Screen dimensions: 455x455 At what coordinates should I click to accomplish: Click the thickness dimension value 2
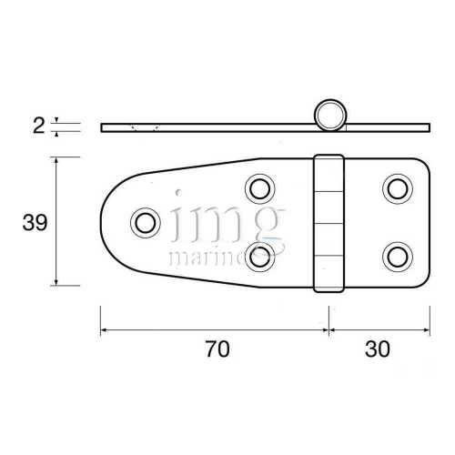(38, 126)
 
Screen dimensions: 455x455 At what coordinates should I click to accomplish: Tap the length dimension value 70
(217, 349)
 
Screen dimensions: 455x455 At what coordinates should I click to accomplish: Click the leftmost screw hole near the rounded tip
(143, 222)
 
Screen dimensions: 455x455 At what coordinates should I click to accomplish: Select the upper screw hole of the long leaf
(260, 189)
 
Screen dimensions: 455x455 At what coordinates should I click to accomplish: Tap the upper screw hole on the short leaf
(396, 189)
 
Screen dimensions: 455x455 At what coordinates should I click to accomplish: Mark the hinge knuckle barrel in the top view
(329, 223)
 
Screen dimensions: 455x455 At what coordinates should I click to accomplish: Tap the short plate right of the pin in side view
(387, 126)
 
